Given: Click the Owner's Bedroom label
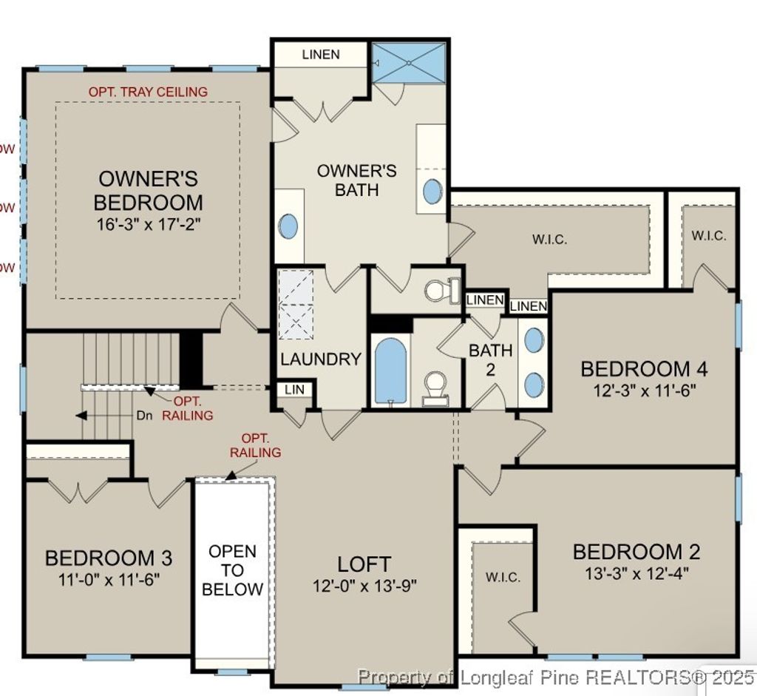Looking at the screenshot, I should [148, 190].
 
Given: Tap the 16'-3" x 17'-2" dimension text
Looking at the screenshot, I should [148, 222].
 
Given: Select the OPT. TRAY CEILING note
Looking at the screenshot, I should [148, 92].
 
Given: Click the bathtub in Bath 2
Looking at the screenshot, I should [390, 370].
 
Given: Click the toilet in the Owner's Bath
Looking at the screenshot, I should [441, 289].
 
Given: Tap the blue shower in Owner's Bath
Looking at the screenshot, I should [409, 64].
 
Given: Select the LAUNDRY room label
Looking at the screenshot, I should [321, 359].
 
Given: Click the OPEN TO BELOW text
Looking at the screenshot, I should [233, 570].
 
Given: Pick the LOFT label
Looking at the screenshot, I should [364, 564].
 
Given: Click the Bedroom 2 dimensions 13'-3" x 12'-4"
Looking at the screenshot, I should [637, 573].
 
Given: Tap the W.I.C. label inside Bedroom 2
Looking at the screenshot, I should [503, 577].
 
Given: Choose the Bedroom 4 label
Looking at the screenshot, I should [644, 368].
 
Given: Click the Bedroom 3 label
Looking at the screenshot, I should [109, 557].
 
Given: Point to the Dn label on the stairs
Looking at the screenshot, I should [145, 416].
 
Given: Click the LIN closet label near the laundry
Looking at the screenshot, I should [293, 389].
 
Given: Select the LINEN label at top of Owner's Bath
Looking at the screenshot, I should [321, 55].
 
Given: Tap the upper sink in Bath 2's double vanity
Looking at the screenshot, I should [534, 339].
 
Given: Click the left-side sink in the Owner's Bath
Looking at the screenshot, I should [290, 226].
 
